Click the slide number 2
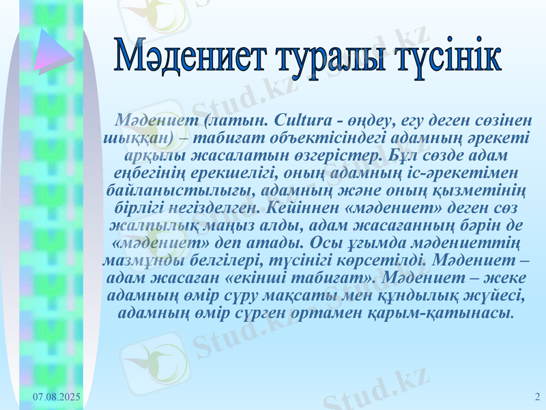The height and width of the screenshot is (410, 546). [537, 397]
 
